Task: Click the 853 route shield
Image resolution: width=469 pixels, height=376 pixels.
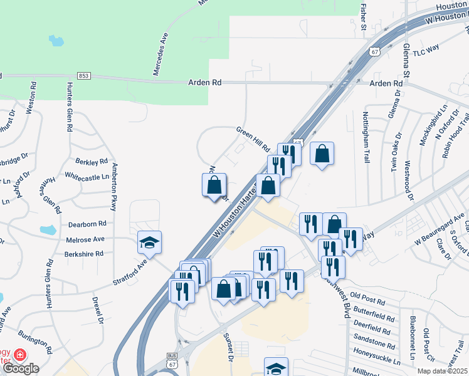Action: point(85,75)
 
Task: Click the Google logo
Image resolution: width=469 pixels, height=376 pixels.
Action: point(21,368)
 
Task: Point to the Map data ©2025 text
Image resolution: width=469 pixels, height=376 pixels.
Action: point(442,371)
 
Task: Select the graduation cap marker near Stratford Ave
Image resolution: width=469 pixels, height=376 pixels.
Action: point(150,243)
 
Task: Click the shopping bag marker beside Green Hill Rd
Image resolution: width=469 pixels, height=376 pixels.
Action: point(322,154)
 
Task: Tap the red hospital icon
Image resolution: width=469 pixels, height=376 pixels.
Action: point(20,355)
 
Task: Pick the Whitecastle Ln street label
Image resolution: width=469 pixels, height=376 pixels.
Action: point(87,177)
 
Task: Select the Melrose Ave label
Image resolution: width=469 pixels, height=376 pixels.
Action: point(86,239)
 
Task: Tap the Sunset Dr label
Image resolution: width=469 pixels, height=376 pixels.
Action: point(229,347)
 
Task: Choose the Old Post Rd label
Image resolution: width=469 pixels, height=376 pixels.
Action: point(367,295)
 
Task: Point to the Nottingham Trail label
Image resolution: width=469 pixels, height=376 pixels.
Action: point(366,137)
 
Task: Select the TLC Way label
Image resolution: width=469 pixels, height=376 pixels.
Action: point(425,48)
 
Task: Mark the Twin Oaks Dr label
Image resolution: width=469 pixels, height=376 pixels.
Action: point(397,152)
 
